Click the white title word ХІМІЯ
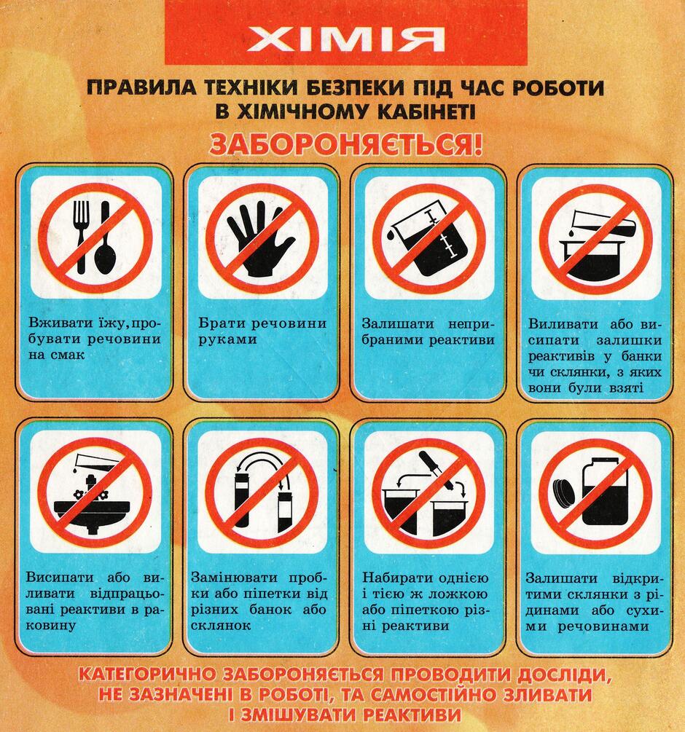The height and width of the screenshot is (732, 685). coord(345,39)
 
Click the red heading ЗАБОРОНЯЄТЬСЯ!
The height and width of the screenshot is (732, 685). coord(345,145)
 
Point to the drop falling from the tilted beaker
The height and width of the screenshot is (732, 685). coord(391,234)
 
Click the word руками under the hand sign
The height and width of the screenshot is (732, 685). coord(227,340)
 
